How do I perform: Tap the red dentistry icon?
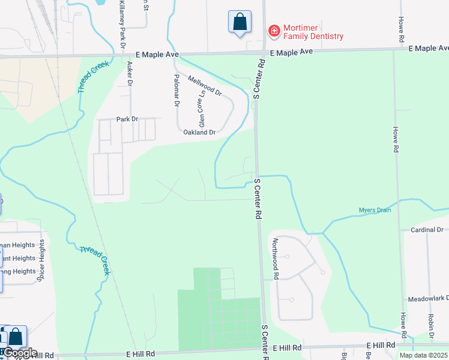click(x=274, y=30)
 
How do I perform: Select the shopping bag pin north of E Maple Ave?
click(x=239, y=22)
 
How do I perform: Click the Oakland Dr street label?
click(x=199, y=132)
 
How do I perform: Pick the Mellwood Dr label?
click(x=205, y=86)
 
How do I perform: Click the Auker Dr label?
click(x=129, y=73)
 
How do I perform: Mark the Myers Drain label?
click(x=375, y=210)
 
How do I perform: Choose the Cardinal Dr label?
click(x=426, y=230)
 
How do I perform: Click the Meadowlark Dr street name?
click(x=424, y=298)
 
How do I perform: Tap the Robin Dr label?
click(x=430, y=327)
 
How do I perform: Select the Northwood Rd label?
click(x=276, y=259)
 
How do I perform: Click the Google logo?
click(x=19, y=353)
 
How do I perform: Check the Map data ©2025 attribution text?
click(x=423, y=355)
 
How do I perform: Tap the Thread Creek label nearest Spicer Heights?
click(x=95, y=258)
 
